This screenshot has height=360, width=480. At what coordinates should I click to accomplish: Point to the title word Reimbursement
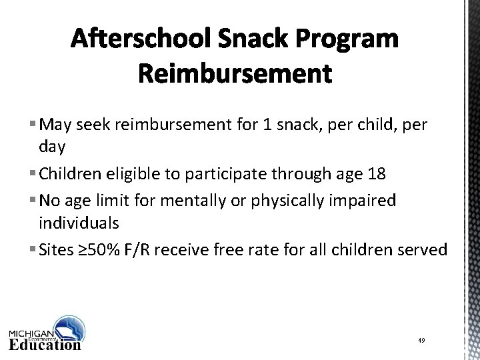click(x=235, y=74)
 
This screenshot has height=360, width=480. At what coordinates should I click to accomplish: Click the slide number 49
click(x=421, y=341)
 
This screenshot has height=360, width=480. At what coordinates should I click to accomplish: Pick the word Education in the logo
click(x=45, y=344)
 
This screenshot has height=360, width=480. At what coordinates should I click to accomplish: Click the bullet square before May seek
click(x=33, y=123)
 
